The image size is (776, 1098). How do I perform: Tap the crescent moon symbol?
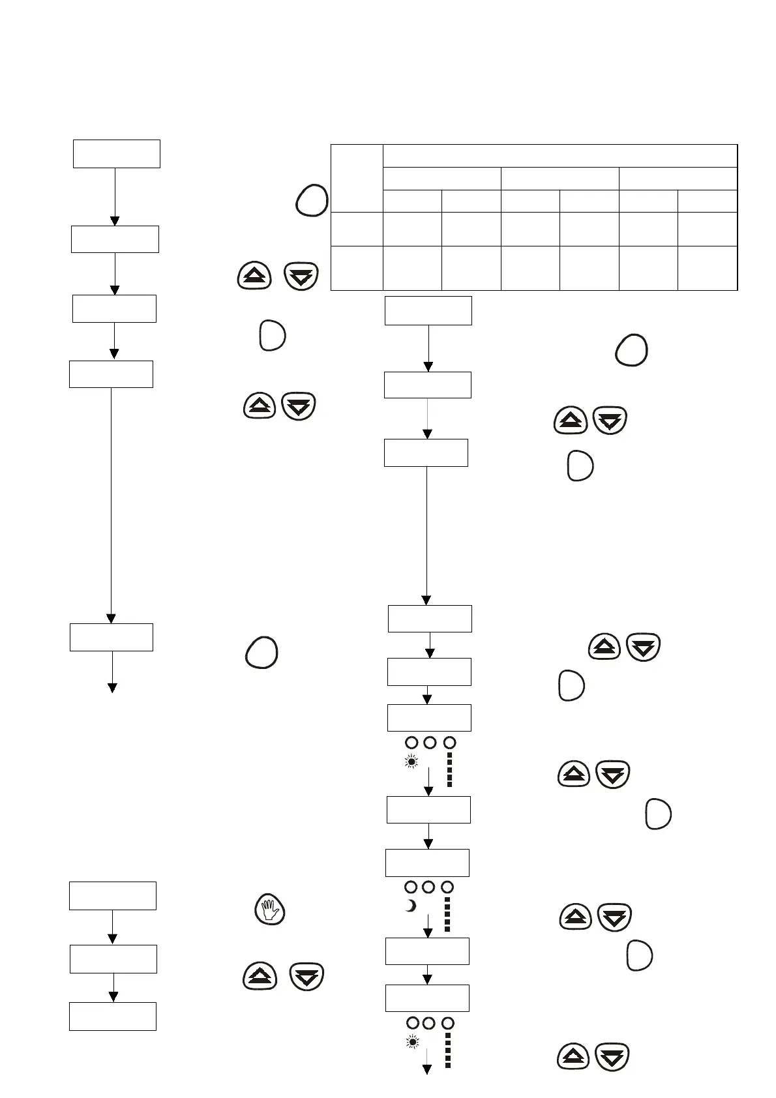(x=411, y=906)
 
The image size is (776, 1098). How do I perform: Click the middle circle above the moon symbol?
(x=428, y=887)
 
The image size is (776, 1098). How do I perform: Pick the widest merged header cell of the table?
(x=560, y=156)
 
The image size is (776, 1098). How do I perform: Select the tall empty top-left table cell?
(x=356, y=178)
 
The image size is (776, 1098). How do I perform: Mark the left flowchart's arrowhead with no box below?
(x=112, y=687)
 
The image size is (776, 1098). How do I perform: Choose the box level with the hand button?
(x=113, y=895)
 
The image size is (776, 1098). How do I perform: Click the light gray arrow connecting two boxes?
(x=427, y=418)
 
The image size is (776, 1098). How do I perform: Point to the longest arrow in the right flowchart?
(x=426, y=535)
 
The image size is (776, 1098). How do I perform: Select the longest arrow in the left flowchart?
(x=111, y=505)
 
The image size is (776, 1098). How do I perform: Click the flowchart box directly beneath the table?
(x=428, y=310)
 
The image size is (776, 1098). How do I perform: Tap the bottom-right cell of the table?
(x=707, y=267)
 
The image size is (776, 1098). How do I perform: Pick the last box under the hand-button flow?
(x=113, y=1016)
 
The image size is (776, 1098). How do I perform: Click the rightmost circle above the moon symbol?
(x=447, y=887)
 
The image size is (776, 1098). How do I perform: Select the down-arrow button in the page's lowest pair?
(x=612, y=1057)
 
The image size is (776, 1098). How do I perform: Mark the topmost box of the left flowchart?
(x=116, y=153)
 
